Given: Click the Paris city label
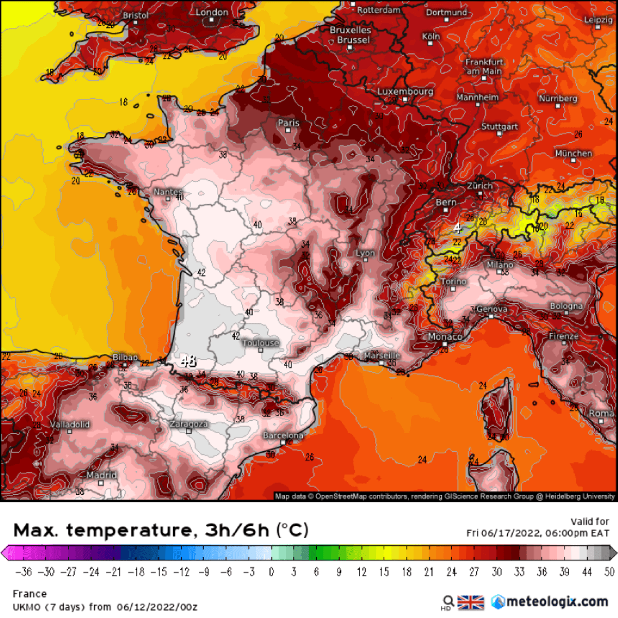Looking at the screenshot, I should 288,123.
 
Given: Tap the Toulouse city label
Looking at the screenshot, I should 261,343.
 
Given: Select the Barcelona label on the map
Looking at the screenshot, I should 283,436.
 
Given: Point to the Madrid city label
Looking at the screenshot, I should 101,475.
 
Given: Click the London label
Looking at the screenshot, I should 212,12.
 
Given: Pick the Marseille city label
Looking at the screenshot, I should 382,356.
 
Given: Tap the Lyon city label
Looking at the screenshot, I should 365,253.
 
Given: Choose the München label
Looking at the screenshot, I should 573,153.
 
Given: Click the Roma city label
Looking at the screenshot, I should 601,414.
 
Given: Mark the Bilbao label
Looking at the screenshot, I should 125,357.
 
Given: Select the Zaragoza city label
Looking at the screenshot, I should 188,424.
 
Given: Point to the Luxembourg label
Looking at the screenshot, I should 405,92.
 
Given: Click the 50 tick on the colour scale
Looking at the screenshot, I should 609,572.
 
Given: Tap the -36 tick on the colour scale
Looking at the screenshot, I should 24,572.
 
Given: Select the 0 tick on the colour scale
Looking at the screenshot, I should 271,572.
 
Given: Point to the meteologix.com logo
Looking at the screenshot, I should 550,602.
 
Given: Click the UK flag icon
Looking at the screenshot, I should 471,602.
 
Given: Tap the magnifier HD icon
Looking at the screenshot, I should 448,602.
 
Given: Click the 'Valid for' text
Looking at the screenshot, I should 589,522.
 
